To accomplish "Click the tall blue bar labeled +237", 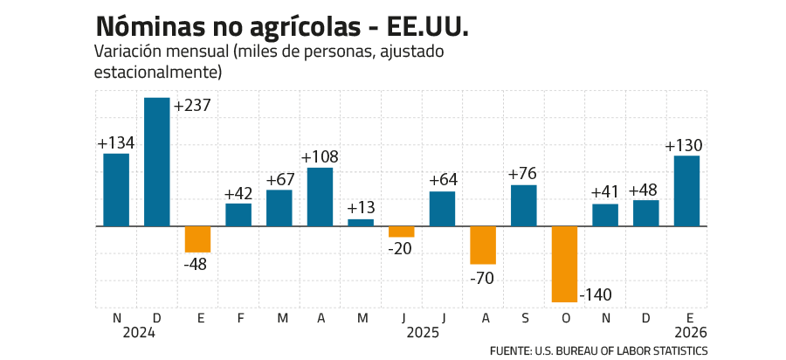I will (x=157, y=162).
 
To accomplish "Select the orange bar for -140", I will (x=564, y=264).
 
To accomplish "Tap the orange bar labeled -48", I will (x=197, y=239).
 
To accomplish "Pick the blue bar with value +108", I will (x=320, y=196).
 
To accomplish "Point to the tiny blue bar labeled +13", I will (x=361, y=222).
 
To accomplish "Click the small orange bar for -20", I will (x=402, y=232).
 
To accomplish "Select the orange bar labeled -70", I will (x=483, y=246).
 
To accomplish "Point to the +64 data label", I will (x=443, y=182).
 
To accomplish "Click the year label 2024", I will (x=140, y=333).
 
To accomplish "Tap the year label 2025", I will (x=423, y=333).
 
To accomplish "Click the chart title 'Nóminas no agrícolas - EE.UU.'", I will (x=280, y=25).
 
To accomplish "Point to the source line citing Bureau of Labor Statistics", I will (x=598, y=350).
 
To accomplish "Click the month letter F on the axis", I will (x=238, y=318).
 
